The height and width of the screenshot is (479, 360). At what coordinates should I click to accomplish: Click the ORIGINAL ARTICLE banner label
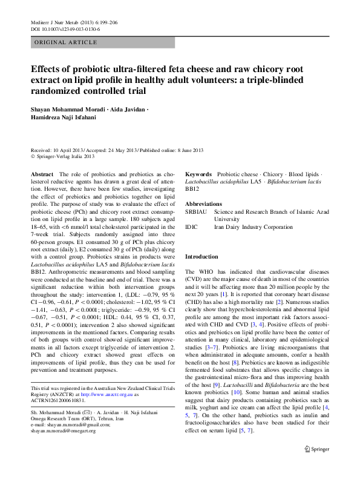66,42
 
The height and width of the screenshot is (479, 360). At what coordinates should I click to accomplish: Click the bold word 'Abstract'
42,174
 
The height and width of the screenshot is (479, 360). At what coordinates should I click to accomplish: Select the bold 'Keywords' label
198,174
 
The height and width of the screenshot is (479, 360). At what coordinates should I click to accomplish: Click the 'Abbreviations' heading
203,204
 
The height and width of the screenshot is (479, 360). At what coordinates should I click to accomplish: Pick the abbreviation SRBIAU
196,213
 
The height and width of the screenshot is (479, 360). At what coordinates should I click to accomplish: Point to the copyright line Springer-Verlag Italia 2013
64,156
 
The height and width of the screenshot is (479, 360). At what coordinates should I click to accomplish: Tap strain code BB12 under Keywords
192,189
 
